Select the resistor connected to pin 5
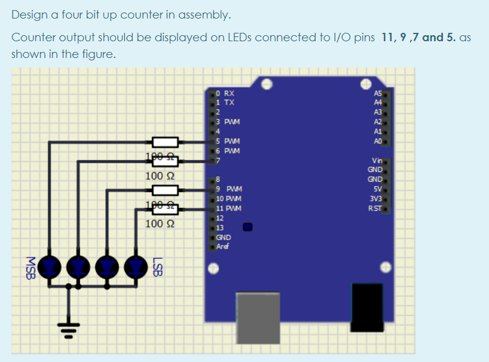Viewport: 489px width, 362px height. coord(166,142)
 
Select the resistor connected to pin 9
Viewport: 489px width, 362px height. coord(166,190)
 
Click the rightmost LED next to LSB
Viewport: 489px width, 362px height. coord(137,265)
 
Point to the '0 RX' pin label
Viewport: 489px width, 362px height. coord(225,93)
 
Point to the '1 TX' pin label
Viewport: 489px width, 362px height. coord(225,103)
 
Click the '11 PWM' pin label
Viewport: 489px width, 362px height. coord(229,208)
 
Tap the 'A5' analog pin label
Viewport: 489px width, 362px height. coord(377,93)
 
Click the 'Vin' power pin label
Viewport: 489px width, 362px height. coord(377,161)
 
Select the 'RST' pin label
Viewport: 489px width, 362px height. coord(375,208)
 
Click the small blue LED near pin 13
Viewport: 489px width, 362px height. coord(247,227)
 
